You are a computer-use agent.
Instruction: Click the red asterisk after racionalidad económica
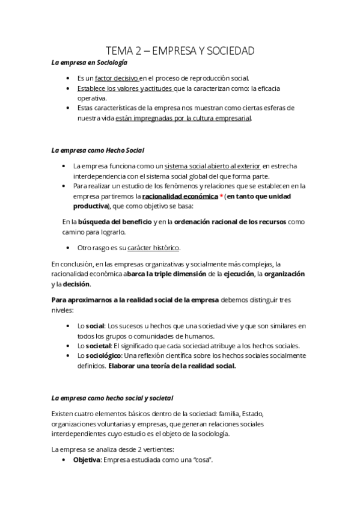click(x=222, y=196)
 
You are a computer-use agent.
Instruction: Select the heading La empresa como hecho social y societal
click(x=112, y=398)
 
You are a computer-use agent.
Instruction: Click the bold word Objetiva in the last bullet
click(x=87, y=460)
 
